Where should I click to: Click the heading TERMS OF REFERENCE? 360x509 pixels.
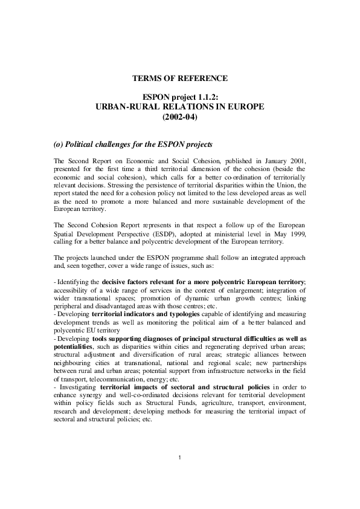[180, 79]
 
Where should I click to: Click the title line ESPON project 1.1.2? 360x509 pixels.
[180, 97]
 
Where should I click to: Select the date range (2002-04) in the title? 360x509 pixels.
[180, 117]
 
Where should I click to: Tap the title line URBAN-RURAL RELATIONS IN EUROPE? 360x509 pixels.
[180, 107]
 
